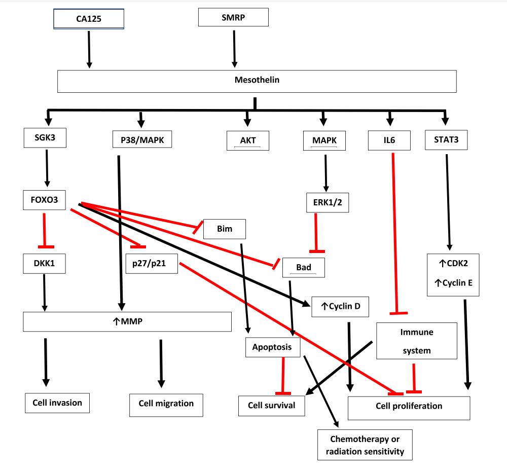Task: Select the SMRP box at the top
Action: [x=233, y=17]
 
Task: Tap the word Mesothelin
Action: [x=257, y=80]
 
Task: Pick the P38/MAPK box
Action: [x=142, y=139]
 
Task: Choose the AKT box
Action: [x=247, y=140]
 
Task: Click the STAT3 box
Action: [x=446, y=139]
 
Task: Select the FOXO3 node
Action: [x=45, y=200]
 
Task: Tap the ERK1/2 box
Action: [x=327, y=202]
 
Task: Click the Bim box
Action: [x=224, y=229]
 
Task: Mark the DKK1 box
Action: [x=45, y=264]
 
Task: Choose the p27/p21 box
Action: [x=152, y=264]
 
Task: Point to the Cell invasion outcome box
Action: [x=57, y=403]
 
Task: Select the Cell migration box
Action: [x=166, y=404]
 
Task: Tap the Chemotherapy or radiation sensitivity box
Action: [x=365, y=445]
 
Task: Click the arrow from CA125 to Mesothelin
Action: [x=89, y=49]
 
